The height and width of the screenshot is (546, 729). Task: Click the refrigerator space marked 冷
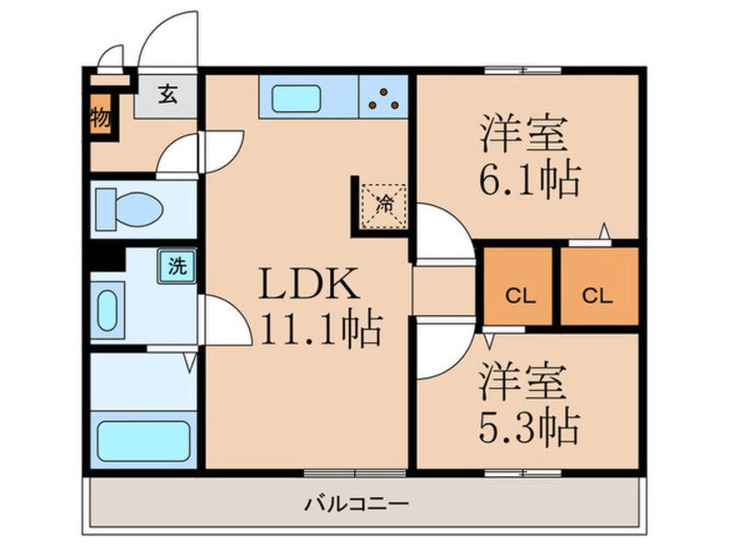pos(385,204)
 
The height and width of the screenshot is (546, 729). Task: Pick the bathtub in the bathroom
pos(142,440)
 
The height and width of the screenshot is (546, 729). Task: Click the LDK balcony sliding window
pos(354,471)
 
